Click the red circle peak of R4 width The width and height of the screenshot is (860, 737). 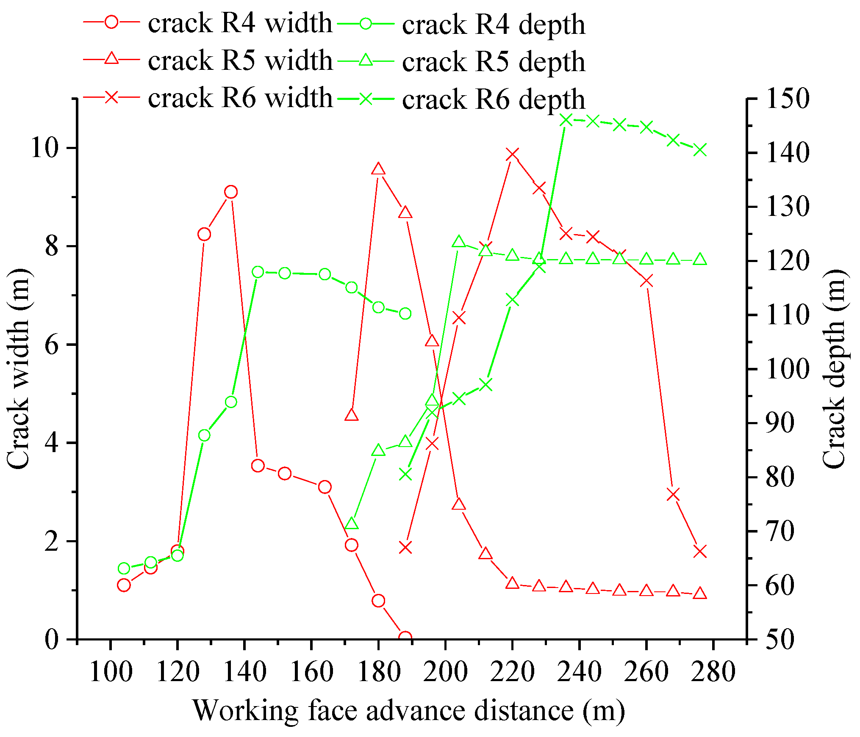pos(231,192)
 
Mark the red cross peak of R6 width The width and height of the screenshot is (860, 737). pos(512,155)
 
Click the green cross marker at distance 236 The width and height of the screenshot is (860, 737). pos(566,121)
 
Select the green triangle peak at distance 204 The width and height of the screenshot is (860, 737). pos(459,242)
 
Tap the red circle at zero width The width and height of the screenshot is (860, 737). pos(405,637)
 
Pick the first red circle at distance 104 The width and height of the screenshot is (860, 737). pos(124,585)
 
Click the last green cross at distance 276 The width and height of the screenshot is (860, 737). pos(700,150)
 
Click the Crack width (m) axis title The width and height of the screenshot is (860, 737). pos(19,368)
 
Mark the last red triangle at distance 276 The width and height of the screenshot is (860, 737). pos(700,593)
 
